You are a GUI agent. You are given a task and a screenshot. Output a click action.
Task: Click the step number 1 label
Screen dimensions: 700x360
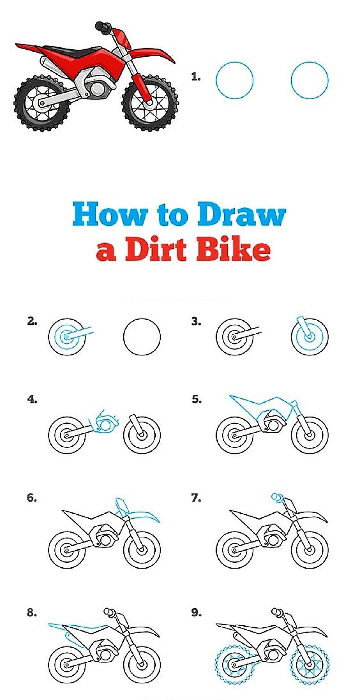pos(195,77)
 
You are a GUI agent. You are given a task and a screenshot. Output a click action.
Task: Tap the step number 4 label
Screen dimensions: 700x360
pos(32,399)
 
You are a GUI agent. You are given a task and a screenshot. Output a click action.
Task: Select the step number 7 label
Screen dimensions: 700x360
pos(196,498)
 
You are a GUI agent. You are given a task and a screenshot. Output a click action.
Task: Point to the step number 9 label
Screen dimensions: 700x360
pos(196,613)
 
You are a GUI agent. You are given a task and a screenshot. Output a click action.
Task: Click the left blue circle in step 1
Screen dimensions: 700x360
pos(234,81)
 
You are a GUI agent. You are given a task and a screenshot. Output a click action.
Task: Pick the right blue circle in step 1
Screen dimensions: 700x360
pos(310,81)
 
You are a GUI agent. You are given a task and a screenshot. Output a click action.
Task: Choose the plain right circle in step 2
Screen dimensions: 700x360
pos(142,337)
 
